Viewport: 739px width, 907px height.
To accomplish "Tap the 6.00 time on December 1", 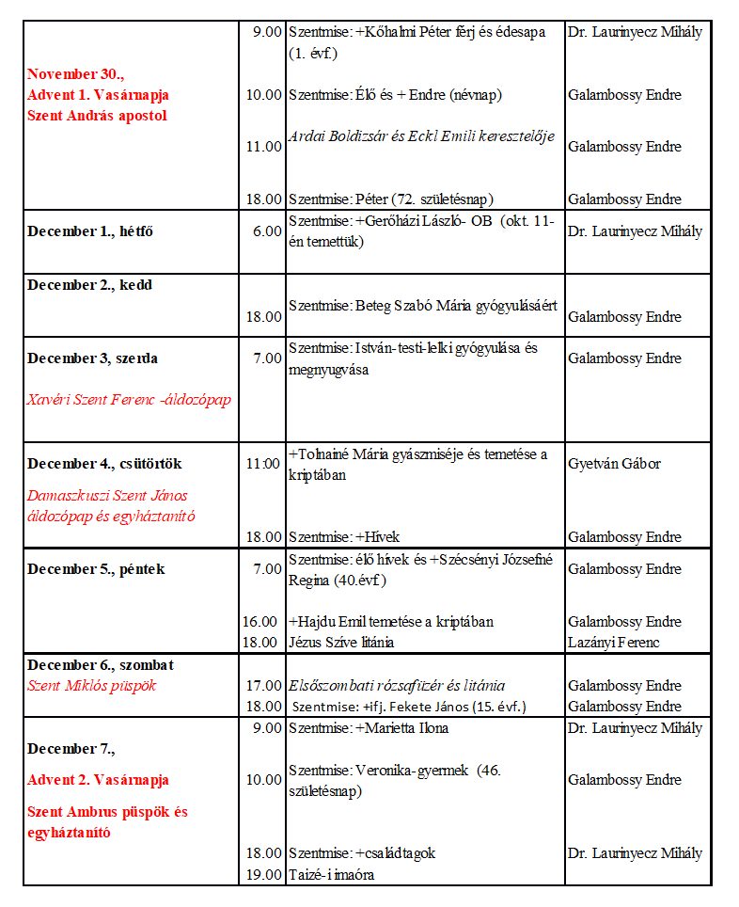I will coord(267,231).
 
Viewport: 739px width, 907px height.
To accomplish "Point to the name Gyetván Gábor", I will coord(614,464).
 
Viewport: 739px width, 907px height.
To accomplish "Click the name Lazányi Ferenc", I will coord(614,643).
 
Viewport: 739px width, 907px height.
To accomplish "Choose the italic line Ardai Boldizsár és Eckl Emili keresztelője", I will coord(421,136).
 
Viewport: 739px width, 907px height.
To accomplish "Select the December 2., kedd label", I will coord(89,285).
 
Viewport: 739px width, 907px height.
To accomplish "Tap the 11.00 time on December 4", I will coord(263,464).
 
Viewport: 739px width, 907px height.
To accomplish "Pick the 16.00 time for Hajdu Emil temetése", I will coord(260,622).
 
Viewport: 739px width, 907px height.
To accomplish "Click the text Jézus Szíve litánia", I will coord(341,643).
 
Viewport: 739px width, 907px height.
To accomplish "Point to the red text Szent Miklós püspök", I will coord(92,686).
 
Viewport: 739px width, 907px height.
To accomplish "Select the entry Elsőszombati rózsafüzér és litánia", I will coord(397,686).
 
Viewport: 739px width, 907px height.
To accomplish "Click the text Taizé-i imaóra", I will coord(332,874).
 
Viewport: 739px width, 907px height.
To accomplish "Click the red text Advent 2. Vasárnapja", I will coord(98,780).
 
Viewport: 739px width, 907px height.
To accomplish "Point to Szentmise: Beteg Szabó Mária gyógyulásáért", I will coord(423,306).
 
